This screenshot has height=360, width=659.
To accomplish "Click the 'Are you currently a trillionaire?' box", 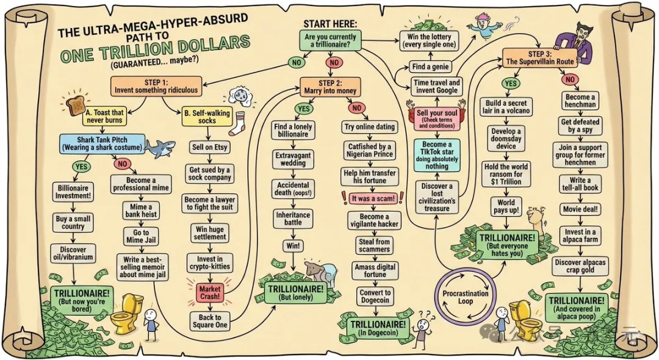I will pyautogui.click(x=333, y=41).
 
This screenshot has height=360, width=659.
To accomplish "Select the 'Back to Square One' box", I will pyautogui.click(x=209, y=320).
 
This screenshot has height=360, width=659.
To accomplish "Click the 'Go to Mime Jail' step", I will pyautogui.click(x=141, y=237).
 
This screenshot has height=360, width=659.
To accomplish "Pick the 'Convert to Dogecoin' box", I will pyautogui.click(x=375, y=297).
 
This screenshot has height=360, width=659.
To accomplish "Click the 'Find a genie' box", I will pyautogui.click(x=430, y=67).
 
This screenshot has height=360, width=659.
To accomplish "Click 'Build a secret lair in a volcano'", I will pyautogui.click(x=506, y=107).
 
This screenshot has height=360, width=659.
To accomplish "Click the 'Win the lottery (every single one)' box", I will pyautogui.click(x=436, y=41).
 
